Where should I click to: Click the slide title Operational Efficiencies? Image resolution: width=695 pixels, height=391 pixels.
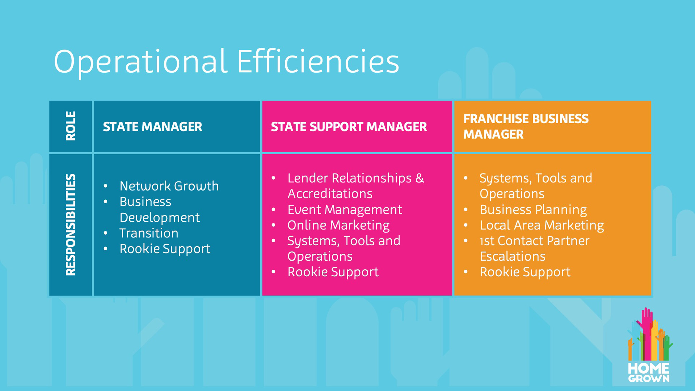pos(226,62)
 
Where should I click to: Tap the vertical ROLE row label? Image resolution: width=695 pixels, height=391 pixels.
pos(71,126)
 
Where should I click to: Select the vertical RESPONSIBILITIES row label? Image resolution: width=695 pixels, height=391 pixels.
pos(71,224)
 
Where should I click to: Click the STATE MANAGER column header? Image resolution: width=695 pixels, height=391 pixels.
pos(152,127)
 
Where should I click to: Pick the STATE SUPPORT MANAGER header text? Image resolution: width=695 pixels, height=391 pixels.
pos(349,127)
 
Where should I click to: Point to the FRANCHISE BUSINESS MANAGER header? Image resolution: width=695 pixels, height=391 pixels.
pos(526,126)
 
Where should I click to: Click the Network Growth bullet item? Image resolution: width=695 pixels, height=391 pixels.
pos(169,186)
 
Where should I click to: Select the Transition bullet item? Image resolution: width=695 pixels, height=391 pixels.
pos(149,233)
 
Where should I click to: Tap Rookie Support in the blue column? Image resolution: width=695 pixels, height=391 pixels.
pos(165,249)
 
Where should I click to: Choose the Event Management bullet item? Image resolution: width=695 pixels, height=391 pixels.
pos(345,210)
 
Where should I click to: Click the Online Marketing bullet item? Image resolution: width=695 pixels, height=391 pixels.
pos(338,225)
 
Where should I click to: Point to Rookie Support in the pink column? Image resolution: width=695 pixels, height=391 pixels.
pos(333,272)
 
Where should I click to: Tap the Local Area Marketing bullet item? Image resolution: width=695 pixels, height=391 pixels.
pos(542,225)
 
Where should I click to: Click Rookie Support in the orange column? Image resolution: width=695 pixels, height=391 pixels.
pos(525,272)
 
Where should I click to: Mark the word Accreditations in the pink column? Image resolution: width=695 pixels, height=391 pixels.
pos(330,194)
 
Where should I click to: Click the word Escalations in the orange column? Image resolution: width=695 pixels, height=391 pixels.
pos(513,256)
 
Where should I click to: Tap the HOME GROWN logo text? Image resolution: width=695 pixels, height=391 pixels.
pos(649,373)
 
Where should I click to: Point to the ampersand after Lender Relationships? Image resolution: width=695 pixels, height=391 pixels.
pos(420,178)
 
